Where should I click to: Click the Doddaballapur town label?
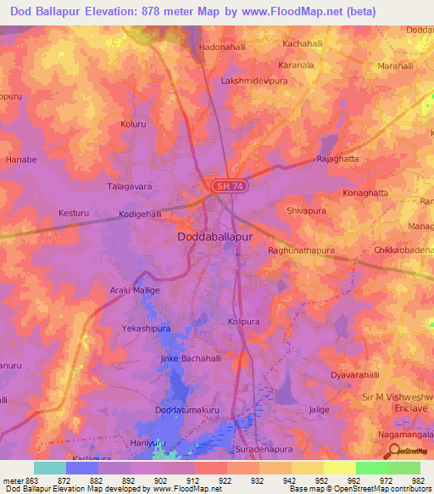click(215, 239)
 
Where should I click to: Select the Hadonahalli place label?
click(222, 48)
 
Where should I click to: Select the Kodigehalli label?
click(140, 215)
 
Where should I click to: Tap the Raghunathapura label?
click(301, 251)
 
